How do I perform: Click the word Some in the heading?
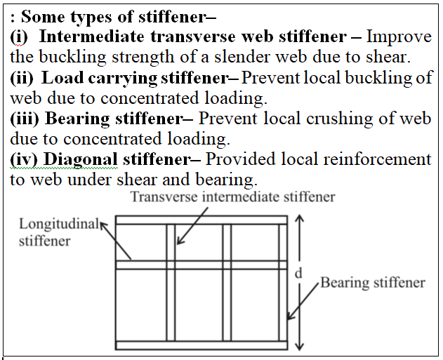tap(43, 17)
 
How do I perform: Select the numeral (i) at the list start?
tap(19, 37)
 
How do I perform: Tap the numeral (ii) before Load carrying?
tap(22, 78)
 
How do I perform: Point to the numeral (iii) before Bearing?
tap(25, 119)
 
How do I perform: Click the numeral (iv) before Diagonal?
tap(23, 159)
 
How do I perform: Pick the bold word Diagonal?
tap(81, 160)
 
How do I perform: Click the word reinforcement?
tap(378, 159)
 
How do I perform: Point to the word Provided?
tap(240, 159)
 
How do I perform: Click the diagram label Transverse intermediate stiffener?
tap(233, 196)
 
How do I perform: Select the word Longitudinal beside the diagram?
tap(59, 225)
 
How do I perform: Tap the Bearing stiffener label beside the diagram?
tap(373, 283)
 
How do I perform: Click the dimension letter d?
tap(298, 273)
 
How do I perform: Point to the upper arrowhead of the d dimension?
tap(300, 218)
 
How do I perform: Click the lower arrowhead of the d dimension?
tap(300, 346)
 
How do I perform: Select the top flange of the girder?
tap(201, 220)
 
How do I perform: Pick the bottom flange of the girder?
tap(201, 345)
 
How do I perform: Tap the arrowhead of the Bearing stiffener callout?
tap(290, 316)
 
